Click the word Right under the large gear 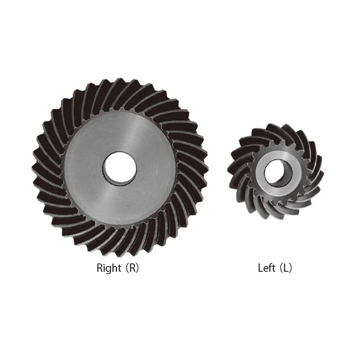[109, 269]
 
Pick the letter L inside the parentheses [285, 269]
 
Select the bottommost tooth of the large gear [120, 249]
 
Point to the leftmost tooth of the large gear [39, 166]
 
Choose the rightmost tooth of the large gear [203, 166]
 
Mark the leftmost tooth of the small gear [232, 172]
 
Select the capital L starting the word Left [261, 269]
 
